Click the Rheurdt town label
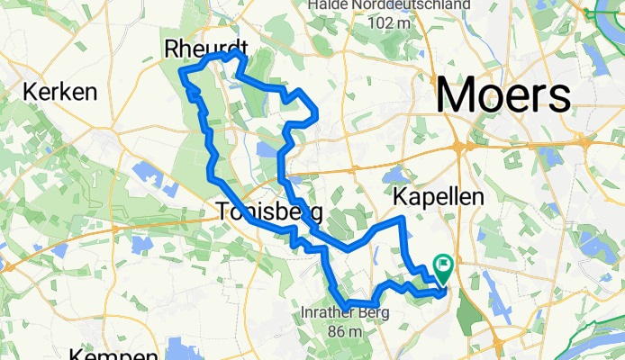coord(206,50)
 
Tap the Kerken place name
coord(60,92)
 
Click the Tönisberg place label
coord(268,213)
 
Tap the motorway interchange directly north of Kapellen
coord(461,146)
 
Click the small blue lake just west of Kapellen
coord(396,174)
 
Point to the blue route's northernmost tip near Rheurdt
coord(238,52)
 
